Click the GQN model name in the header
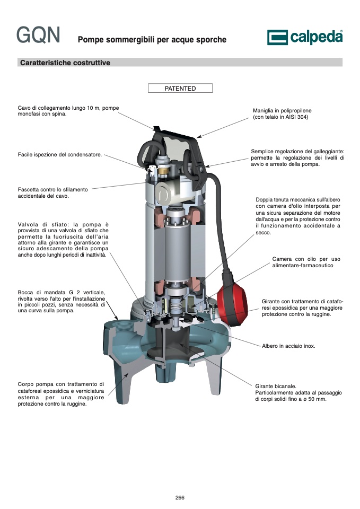click(x=38, y=35)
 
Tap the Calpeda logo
click(x=305, y=37)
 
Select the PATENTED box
click(x=180, y=89)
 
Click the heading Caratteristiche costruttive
click(x=65, y=63)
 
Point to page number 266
click(x=180, y=497)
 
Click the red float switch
click(x=232, y=303)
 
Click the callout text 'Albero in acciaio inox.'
click(x=288, y=346)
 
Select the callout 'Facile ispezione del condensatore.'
click(x=60, y=154)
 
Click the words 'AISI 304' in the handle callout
click(x=296, y=117)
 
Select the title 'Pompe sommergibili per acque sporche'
click(x=152, y=40)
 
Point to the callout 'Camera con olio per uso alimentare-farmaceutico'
click(x=306, y=262)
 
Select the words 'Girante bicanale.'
click(x=276, y=387)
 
